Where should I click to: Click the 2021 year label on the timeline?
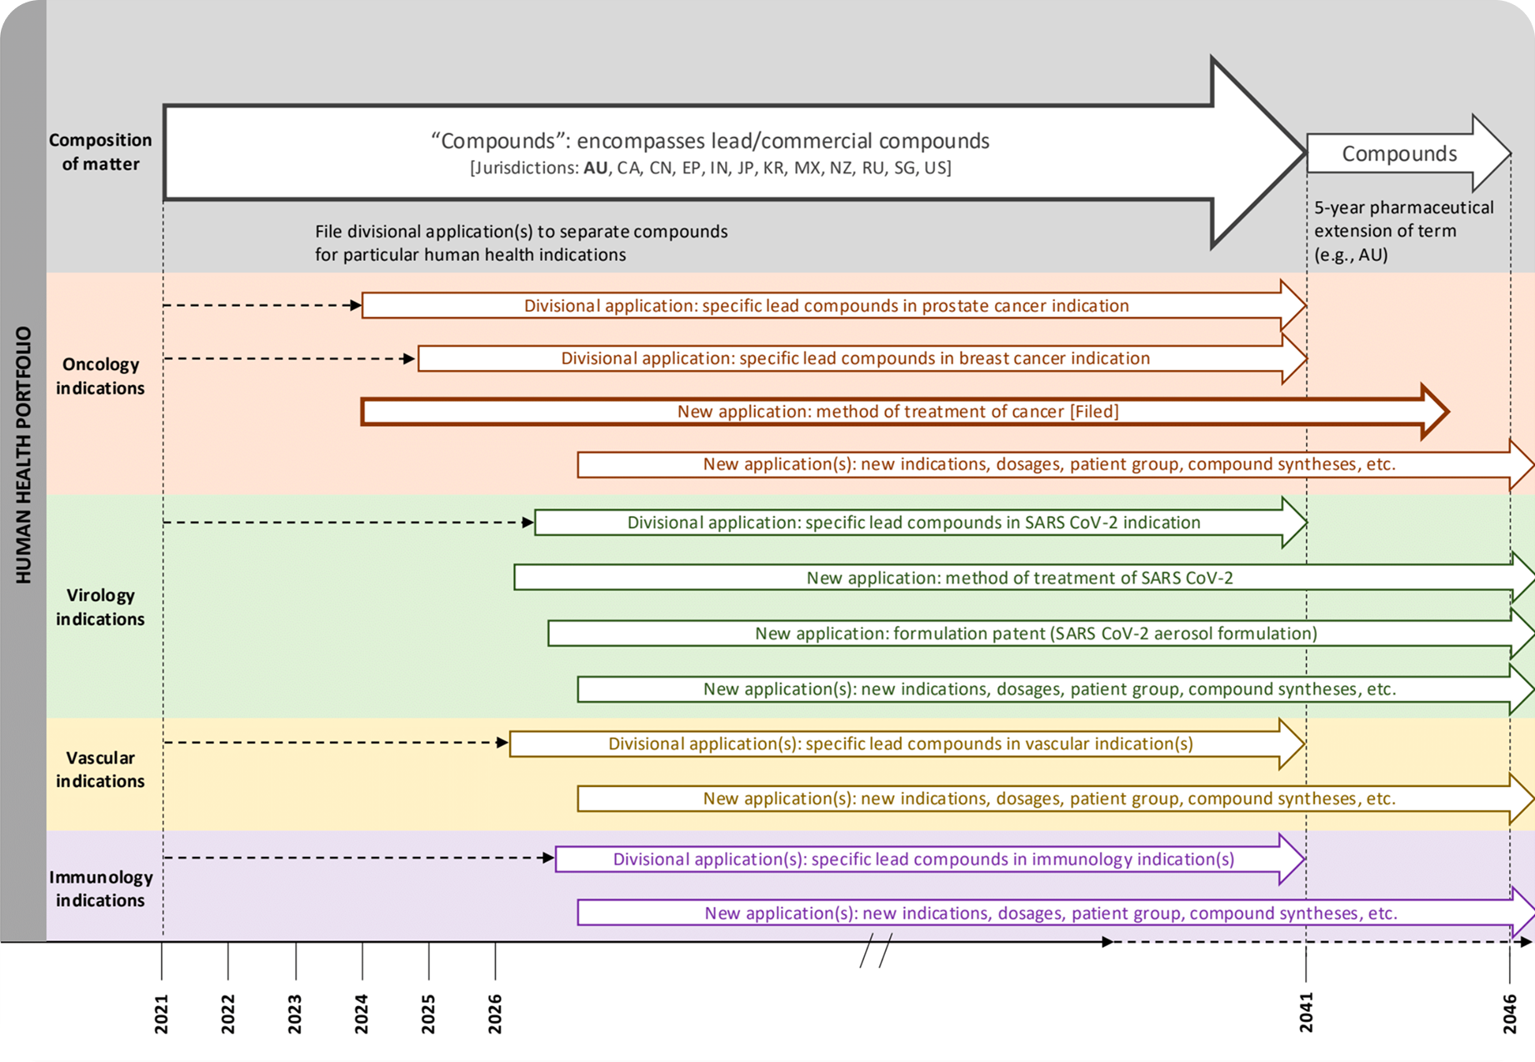pyautogui.click(x=162, y=1014)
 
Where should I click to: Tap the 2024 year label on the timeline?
pyautogui.click(x=362, y=1014)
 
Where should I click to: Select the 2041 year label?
pyautogui.click(x=1306, y=1014)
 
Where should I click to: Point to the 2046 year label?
pyautogui.click(x=1509, y=1014)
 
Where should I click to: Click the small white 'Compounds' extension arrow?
pyautogui.click(x=1400, y=154)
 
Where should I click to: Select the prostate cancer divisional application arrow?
pyautogui.click(x=826, y=306)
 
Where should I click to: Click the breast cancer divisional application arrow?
pyautogui.click(x=855, y=358)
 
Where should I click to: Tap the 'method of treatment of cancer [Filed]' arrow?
pyautogui.click(x=897, y=412)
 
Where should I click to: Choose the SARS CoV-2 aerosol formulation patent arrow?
pyautogui.click(x=1035, y=634)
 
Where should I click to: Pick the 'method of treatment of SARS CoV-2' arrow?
pyautogui.click(x=1019, y=578)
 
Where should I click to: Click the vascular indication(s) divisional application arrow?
pyautogui.click(x=900, y=744)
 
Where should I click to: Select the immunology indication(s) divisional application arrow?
pyautogui.click(x=923, y=859)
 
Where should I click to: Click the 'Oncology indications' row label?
pyautogui.click(x=100, y=376)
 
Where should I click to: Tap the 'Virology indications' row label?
pyautogui.click(x=100, y=607)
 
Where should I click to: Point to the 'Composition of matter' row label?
pyautogui.click(x=100, y=152)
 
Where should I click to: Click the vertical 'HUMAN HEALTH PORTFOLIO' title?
pyautogui.click(x=23, y=454)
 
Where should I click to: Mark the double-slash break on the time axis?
pyautogui.click(x=876, y=950)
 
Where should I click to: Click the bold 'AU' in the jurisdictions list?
pyautogui.click(x=595, y=168)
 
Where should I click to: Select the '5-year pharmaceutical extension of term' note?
pyautogui.click(x=1403, y=231)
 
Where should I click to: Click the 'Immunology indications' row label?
pyautogui.click(x=100, y=889)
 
